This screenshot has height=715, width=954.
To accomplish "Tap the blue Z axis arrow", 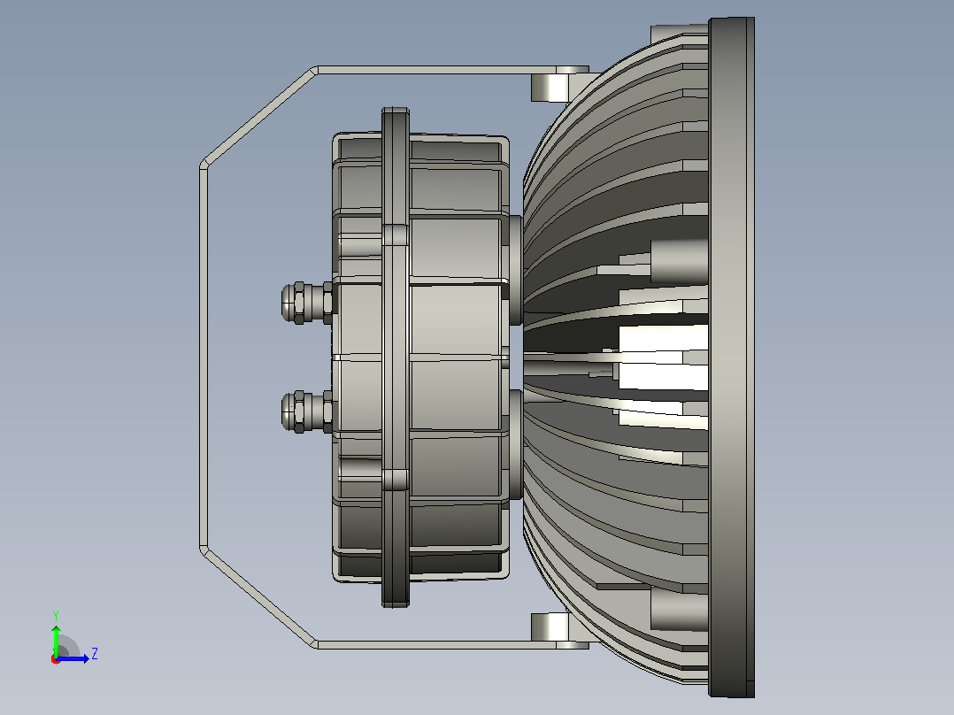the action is pos(73,658).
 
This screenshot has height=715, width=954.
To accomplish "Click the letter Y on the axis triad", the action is pos(56,615).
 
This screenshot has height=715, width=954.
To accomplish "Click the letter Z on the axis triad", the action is pos(95,654).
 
